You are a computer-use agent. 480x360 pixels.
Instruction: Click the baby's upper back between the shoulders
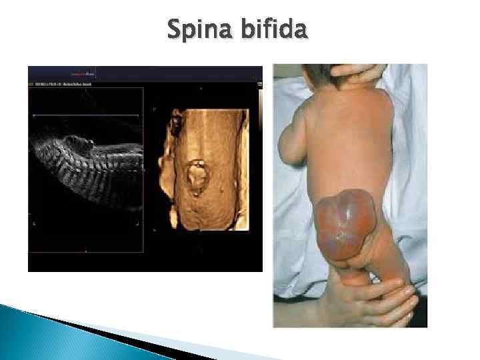click(340, 113)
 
